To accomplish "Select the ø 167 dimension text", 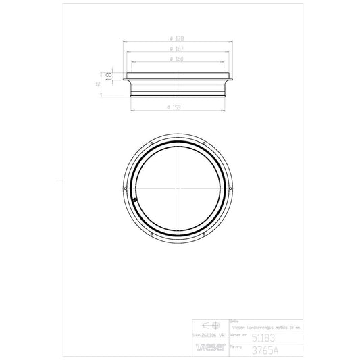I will tap(179, 50).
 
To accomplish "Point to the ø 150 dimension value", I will tap(179, 59).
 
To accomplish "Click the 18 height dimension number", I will tap(107, 76).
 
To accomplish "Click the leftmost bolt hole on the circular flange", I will tap(126, 186).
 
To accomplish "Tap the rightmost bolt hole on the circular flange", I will tap(232, 186).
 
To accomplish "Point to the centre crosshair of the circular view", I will tap(179, 186).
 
